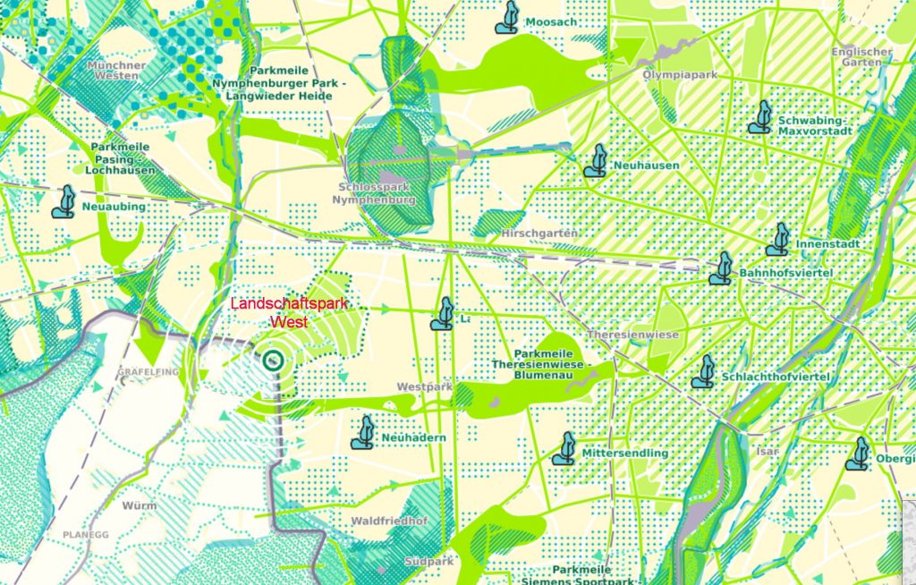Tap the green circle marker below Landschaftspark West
274,360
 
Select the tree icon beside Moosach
508,18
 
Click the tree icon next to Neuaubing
64,202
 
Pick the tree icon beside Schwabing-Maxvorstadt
761,117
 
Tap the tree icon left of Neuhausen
596,161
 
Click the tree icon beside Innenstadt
778,240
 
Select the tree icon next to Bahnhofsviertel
721,268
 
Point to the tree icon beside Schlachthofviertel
704,371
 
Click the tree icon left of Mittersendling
564,449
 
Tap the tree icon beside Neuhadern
363,432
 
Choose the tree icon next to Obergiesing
859,454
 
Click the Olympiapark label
681,75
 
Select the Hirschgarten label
535,233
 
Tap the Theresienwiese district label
632,335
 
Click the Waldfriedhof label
390,521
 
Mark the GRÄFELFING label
148,370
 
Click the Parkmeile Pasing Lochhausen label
121,158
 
